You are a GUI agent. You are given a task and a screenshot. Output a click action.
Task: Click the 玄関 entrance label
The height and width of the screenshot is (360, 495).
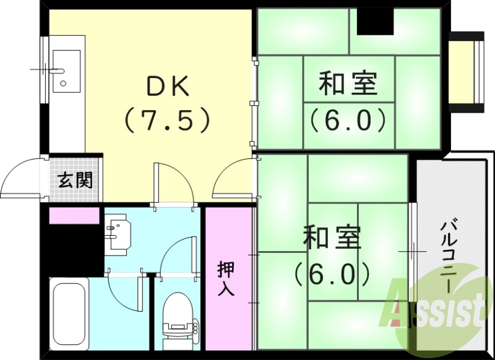tap(76, 180)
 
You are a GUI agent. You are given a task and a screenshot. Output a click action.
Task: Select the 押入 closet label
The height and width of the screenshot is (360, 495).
tap(226, 279)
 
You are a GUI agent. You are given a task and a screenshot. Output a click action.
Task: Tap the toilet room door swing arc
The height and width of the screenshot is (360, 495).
tap(176, 251)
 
